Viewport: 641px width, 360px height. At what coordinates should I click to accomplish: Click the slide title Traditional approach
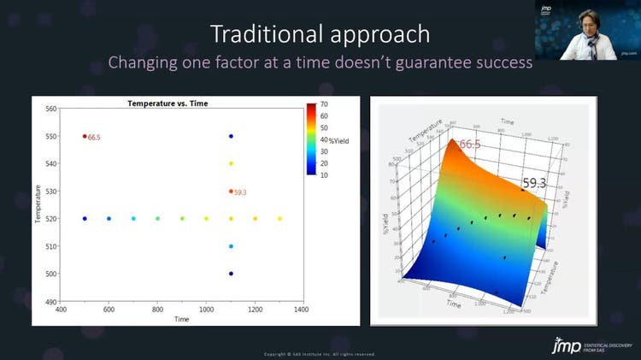pyautogui.click(x=320, y=34)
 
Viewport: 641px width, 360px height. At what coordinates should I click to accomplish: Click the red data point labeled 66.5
pyautogui.click(x=85, y=136)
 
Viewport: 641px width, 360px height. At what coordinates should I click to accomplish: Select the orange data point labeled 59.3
pyautogui.click(x=231, y=192)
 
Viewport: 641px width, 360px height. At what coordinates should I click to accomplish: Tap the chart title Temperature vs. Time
pyautogui.click(x=168, y=103)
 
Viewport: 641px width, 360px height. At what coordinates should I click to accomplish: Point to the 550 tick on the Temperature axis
pyautogui.click(x=50, y=136)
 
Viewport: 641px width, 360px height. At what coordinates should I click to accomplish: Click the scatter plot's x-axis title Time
pyautogui.click(x=182, y=318)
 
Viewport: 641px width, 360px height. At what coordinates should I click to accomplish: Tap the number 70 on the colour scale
pyautogui.click(x=325, y=104)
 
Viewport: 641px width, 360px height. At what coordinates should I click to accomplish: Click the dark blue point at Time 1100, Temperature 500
pyautogui.click(x=231, y=274)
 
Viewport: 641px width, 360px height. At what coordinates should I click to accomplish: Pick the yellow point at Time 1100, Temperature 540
pyautogui.click(x=231, y=163)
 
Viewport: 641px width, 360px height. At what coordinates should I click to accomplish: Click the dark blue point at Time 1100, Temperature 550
pyautogui.click(x=231, y=136)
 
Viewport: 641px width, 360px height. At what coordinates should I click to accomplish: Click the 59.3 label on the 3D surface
pyautogui.click(x=534, y=183)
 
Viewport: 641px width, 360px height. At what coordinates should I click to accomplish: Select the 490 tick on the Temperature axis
pyautogui.click(x=50, y=301)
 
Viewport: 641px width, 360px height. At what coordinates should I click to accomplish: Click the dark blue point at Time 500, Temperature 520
pyautogui.click(x=85, y=219)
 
